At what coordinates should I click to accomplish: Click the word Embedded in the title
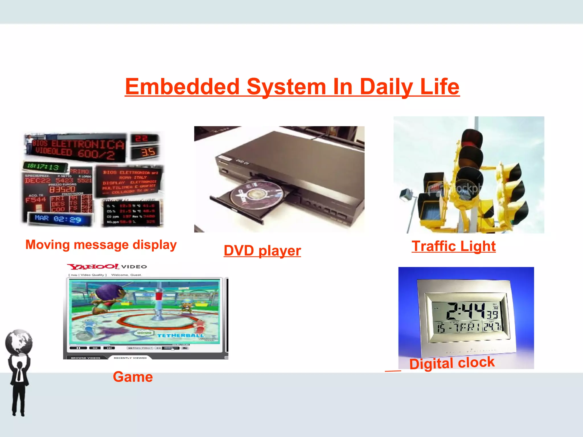click(182, 87)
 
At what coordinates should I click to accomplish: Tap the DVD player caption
click(262, 251)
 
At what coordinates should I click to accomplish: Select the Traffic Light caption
click(453, 246)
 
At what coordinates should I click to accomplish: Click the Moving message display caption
click(101, 245)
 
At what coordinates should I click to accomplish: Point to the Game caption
click(133, 377)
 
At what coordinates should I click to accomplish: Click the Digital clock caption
click(452, 363)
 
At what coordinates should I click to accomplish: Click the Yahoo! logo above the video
click(93, 267)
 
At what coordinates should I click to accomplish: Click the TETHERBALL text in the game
click(180, 335)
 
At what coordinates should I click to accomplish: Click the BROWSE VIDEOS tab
click(85, 358)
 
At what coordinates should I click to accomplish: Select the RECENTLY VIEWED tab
click(130, 358)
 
